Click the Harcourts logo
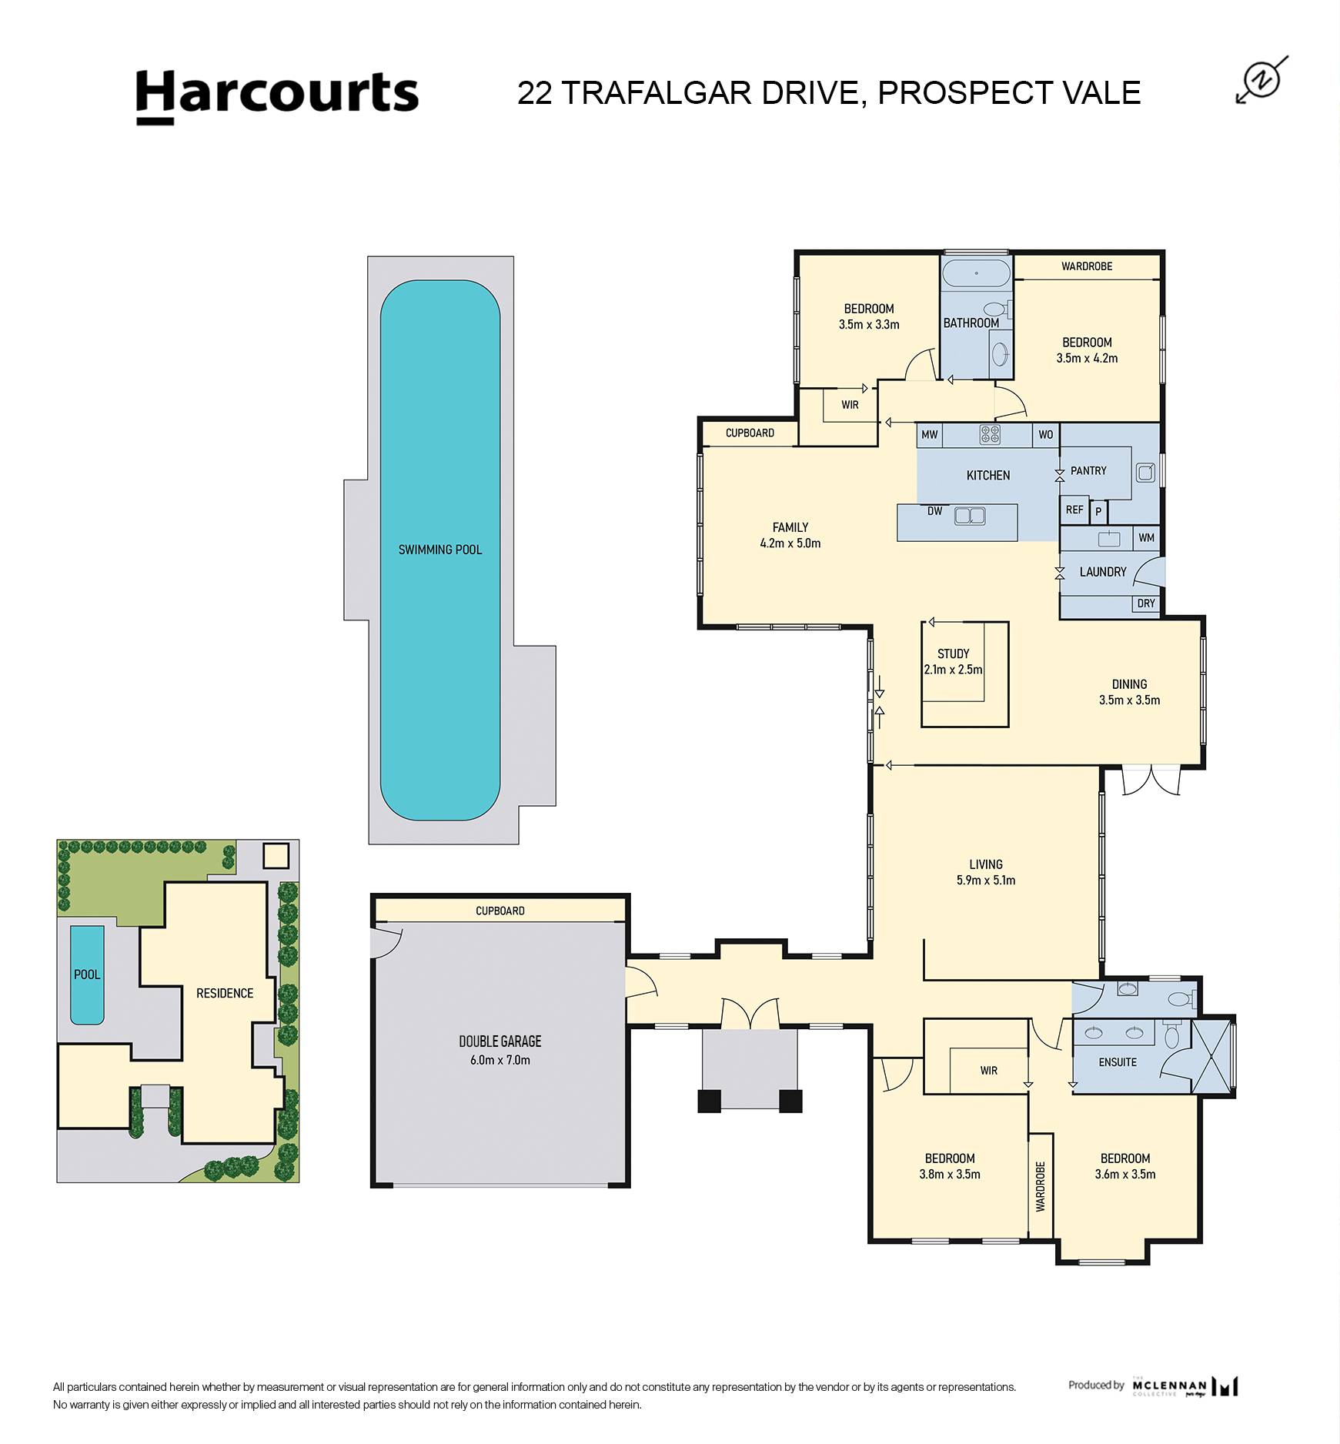(277, 96)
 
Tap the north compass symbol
(1262, 79)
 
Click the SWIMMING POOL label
(440, 550)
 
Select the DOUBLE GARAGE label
(500, 1041)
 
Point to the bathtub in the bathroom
(976, 273)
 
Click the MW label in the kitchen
(930, 435)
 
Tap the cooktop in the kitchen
(990, 435)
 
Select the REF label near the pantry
(1074, 510)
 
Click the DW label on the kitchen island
(934, 511)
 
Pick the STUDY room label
(954, 653)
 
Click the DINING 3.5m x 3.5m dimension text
(1129, 700)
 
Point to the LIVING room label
(986, 864)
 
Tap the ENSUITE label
(1118, 1062)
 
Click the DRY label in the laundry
(1146, 603)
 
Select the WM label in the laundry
(1147, 538)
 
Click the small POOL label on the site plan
(87, 974)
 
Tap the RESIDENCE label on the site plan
(225, 993)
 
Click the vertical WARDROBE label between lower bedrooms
(1041, 1187)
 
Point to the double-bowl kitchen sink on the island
(970, 516)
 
